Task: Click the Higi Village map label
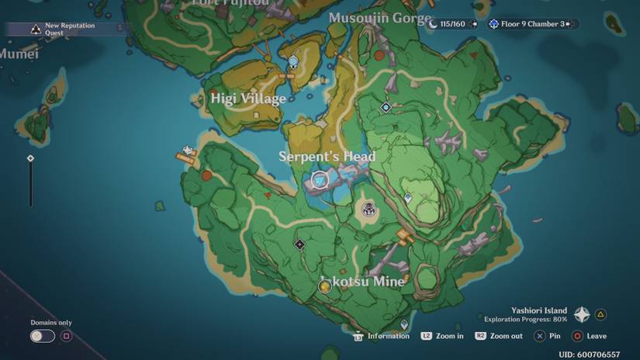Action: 248,99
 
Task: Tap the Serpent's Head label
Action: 327,157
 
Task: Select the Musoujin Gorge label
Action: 379,18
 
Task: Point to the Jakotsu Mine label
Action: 363,281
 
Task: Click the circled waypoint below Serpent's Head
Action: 320,181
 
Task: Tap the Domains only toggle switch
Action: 42,336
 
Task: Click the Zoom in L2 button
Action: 427,336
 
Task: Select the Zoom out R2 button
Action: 481,336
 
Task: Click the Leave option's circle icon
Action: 577,336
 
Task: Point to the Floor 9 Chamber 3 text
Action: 532,24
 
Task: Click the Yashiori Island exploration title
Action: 539,310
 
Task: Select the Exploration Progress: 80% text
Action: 525,319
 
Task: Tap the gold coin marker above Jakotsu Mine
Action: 325,287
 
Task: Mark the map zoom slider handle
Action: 30,158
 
